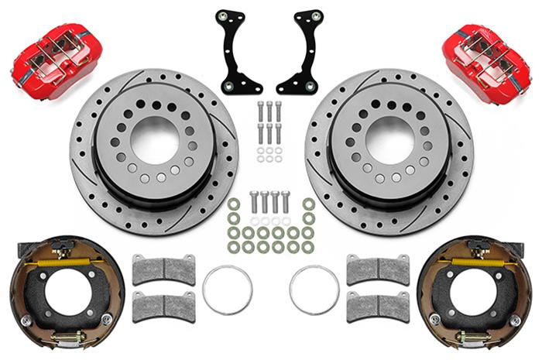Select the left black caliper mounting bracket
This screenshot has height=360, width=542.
click(232, 51)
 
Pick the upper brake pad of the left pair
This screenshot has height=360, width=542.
click(163, 269)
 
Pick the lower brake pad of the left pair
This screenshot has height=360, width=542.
click(163, 305)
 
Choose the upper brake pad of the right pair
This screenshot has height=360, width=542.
click(378, 269)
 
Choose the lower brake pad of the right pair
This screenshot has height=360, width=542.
click(378, 305)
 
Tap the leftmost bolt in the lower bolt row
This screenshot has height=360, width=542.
click(253, 202)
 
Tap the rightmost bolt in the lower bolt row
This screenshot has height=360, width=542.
click(287, 202)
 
